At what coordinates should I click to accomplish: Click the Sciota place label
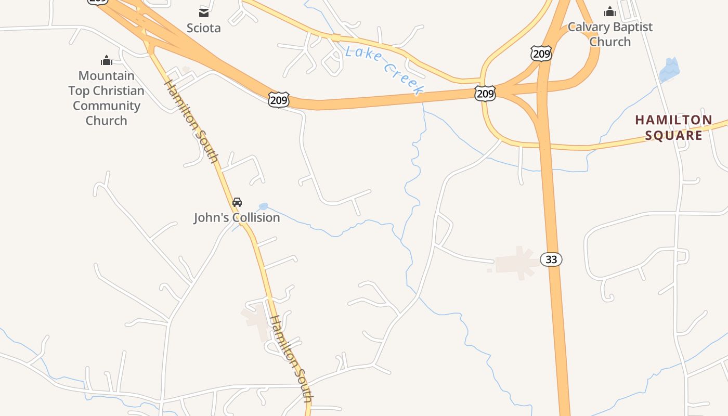(x=203, y=28)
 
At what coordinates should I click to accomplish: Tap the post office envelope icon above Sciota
(x=203, y=12)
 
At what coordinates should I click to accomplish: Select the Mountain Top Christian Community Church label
(x=106, y=98)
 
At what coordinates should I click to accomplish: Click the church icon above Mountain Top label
(x=107, y=60)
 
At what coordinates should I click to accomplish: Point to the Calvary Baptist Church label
(x=609, y=34)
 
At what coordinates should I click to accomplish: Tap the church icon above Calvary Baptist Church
(x=609, y=11)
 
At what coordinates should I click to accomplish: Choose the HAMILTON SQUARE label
(x=673, y=127)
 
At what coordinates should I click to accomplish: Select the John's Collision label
(x=237, y=217)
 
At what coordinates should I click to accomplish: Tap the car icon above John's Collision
(x=237, y=202)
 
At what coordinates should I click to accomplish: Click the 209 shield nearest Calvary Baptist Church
(x=541, y=53)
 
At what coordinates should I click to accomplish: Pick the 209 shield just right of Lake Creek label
(x=485, y=94)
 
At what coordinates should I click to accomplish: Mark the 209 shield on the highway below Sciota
(x=279, y=100)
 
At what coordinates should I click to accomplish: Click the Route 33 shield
(x=551, y=259)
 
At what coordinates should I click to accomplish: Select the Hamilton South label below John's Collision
(x=292, y=358)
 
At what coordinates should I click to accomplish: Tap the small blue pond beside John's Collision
(x=264, y=206)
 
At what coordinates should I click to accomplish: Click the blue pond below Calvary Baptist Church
(x=669, y=70)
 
